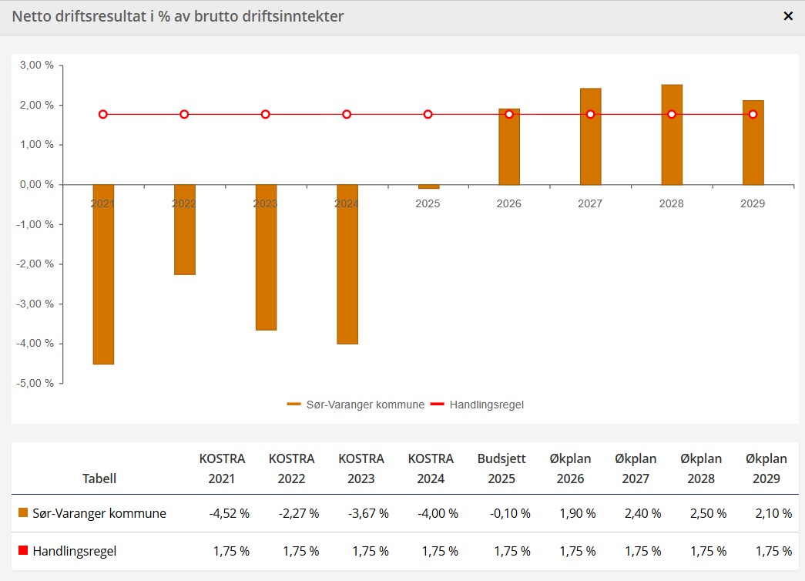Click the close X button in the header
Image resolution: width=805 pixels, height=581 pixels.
pyautogui.click(x=788, y=16)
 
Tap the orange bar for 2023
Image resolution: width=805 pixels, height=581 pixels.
pyautogui.click(x=266, y=257)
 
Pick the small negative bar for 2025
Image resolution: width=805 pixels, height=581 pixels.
pyautogui.click(x=428, y=186)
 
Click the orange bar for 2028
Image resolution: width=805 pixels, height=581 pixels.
pyautogui.click(x=672, y=135)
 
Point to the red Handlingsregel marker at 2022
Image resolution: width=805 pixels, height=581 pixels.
pyautogui.click(x=184, y=114)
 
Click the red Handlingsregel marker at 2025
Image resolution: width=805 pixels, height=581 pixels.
pyautogui.click(x=428, y=114)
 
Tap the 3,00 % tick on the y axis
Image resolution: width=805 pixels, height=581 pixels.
pyautogui.click(x=37, y=65)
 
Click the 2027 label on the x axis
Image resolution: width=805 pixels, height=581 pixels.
pyautogui.click(x=590, y=204)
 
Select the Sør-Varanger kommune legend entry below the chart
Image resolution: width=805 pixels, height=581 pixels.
pyautogui.click(x=356, y=405)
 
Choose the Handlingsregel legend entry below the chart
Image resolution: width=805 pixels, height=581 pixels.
pyautogui.click(x=478, y=405)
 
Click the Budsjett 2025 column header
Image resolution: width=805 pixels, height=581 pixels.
pyautogui.click(x=501, y=468)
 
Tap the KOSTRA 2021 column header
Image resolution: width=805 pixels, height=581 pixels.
pyautogui.click(x=222, y=468)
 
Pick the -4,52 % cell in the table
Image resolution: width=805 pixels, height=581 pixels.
pyautogui.click(x=230, y=513)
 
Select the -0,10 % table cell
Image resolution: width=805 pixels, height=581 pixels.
pyautogui.click(x=510, y=513)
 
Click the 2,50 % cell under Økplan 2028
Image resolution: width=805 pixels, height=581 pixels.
pyautogui.click(x=706, y=513)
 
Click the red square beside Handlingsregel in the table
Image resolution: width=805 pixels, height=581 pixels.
pyautogui.click(x=23, y=550)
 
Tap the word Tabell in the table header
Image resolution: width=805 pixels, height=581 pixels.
pyautogui.click(x=99, y=479)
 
